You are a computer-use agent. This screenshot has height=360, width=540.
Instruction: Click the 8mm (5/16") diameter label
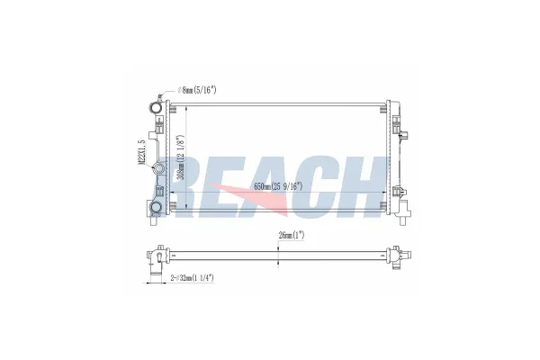(x=198, y=90)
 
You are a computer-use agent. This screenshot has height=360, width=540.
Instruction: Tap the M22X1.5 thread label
(x=140, y=152)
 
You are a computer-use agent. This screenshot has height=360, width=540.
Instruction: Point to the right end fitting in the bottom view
(x=396, y=255)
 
